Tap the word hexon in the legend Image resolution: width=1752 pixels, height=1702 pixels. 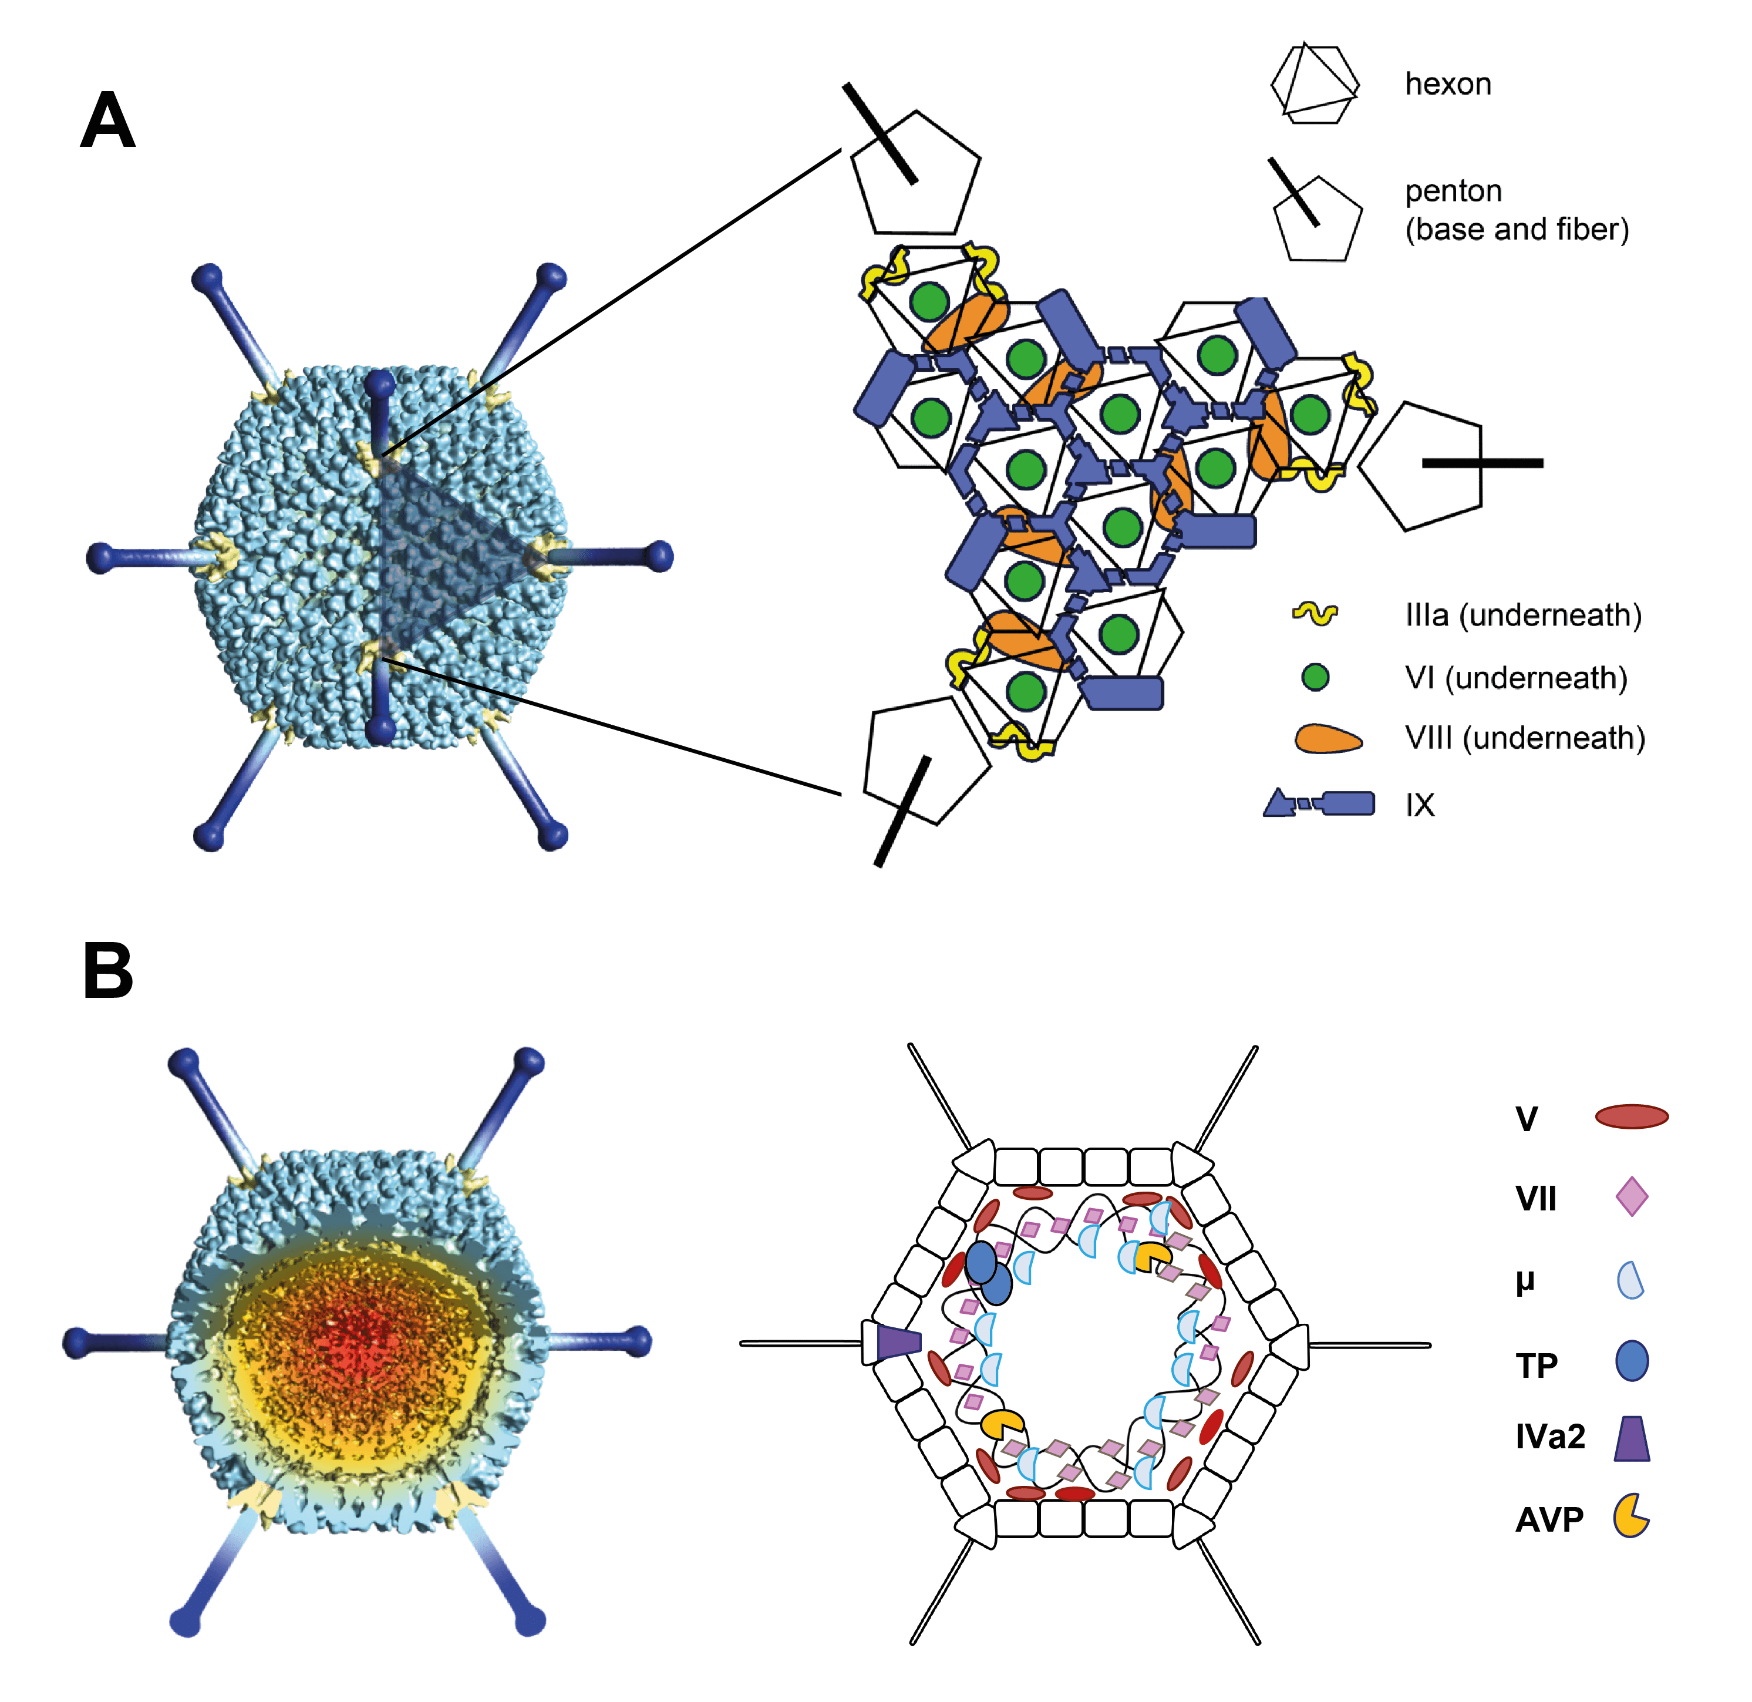coord(1447,84)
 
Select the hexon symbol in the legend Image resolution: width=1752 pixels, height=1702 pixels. coord(1314,84)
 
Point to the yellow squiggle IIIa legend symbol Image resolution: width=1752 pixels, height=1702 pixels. coord(1315,614)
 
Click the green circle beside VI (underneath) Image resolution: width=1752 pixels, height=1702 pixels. coord(1315,678)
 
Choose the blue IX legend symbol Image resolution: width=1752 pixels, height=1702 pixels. coord(1319,803)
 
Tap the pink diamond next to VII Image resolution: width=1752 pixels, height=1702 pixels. coord(1631,1196)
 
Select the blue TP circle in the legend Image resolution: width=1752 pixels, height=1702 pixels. coord(1631,1361)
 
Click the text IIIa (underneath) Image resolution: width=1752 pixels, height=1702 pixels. coord(1523,615)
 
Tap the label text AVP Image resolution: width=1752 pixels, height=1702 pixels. coord(1549,1519)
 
